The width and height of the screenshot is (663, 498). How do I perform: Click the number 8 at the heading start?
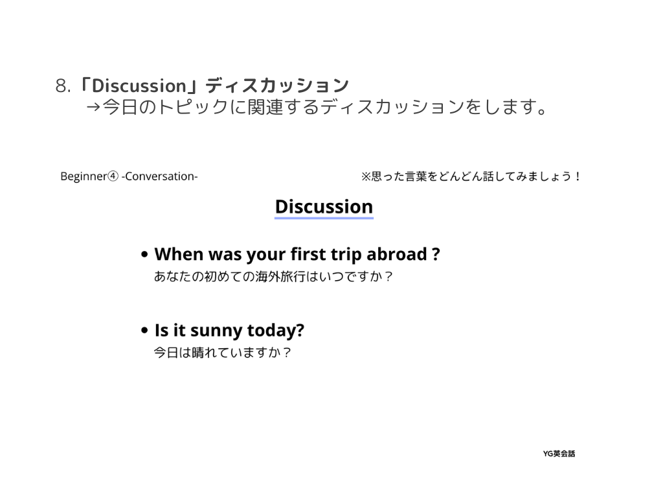(61, 86)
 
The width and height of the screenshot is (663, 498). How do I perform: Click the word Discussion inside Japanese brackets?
(139, 86)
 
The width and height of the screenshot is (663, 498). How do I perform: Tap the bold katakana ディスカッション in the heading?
(277, 86)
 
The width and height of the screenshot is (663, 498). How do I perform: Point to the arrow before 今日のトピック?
(93, 107)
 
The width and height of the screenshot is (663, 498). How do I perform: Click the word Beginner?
(84, 176)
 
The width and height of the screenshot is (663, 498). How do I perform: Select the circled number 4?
(113, 176)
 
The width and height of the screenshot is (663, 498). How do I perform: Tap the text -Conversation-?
(159, 176)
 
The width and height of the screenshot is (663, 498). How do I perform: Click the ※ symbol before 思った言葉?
(366, 176)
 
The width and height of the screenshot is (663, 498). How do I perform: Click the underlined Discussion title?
(324, 207)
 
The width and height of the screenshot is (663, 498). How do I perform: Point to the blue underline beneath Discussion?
(324, 218)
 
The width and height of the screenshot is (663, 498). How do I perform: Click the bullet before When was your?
(144, 254)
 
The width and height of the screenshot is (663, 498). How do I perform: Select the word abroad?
(397, 254)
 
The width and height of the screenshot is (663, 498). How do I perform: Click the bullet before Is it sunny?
(144, 330)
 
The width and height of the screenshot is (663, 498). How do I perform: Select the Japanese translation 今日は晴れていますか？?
(223, 352)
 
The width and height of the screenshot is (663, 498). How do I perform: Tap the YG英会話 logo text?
(559, 453)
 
